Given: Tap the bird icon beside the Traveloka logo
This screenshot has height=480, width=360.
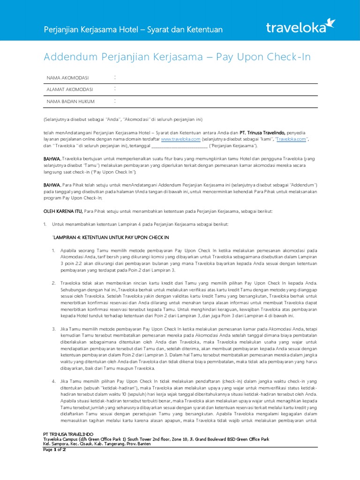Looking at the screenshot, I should [x=331, y=22].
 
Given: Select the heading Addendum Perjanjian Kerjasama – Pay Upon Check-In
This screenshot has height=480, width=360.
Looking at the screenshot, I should [x=177, y=57].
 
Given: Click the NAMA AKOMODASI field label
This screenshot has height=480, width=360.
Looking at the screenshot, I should [x=68, y=77].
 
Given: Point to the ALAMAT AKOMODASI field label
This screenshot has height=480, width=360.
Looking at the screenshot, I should [x=70, y=89].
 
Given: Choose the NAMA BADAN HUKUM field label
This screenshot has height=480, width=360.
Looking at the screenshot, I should [x=71, y=101].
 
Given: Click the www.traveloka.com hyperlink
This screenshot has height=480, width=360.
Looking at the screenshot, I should [x=180, y=139].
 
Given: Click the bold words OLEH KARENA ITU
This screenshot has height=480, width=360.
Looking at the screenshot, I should [x=63, y=211].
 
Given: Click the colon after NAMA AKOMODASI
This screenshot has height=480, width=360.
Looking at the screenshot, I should [x=115, y=77].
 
